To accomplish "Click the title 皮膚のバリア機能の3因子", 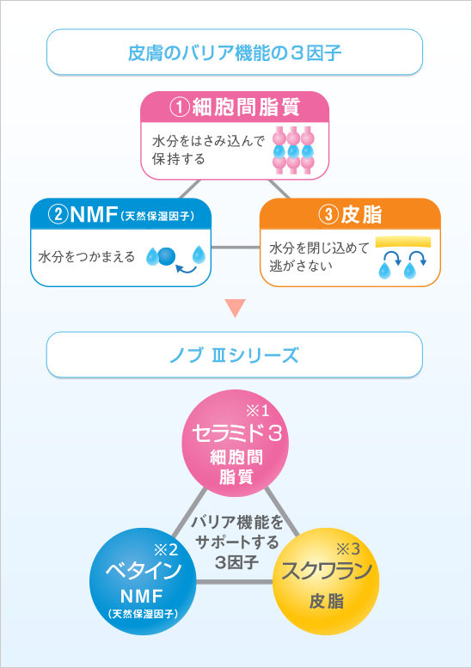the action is [235, 52].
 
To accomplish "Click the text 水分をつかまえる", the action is [87, 257].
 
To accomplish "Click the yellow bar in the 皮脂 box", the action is [403, 242].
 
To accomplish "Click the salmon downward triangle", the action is [235, 309].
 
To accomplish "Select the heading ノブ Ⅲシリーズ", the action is [234, 355].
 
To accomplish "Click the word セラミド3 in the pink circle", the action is [236, 434].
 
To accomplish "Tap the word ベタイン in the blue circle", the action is [144, 571].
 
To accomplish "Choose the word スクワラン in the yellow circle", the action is [327, 571].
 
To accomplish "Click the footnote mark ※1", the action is [258, 411].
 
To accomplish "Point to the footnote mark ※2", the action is [165, 549].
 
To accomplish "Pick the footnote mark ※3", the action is [348, 549].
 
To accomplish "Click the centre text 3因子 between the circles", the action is [236, 562].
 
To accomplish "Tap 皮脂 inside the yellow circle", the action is [327, 603].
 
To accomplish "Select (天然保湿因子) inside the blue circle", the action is [142, 614].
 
